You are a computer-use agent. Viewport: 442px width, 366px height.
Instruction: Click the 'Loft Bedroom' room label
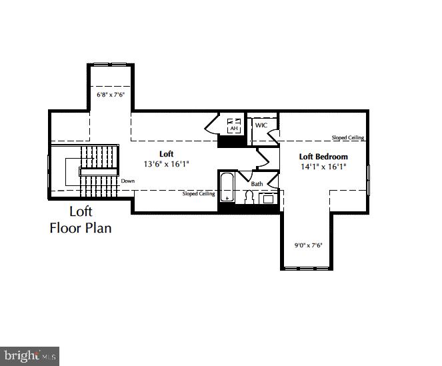pyautogui.click(x=323, y=157)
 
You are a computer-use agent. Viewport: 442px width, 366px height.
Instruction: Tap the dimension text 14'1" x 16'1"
pyautogui.click(x=323, y=167)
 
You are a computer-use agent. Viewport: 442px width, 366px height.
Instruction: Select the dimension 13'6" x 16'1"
pyautogui.click(x=166, y=164)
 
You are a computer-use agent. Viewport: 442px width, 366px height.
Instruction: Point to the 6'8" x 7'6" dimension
pyautogui.click(x=111, y=95)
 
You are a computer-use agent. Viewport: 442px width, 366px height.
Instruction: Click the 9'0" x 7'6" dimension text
pyautogui.click(x=309, y=245)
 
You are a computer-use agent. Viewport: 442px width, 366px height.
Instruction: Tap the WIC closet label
pyautogui.click(x=261, y=125)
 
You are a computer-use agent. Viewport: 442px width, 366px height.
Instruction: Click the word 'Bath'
pyautogui.click(x=257, y=184)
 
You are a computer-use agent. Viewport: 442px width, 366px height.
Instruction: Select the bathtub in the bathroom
pyautogui.click(x=227, y=187)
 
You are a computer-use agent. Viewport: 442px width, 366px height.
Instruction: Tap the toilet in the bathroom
pyautogui.click(x=249, y=197)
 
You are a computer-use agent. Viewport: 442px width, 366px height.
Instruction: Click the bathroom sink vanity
pyautogui.click(x=269, y=198)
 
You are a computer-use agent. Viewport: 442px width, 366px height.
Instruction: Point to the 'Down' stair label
pyautogui.click(x=128, y=181)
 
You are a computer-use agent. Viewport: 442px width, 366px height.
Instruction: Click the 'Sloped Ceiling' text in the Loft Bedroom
pyautogui.click(x=348, y=138)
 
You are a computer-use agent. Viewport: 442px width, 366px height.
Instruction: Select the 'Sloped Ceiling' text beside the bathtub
pyautogui.click(x=199, y=194)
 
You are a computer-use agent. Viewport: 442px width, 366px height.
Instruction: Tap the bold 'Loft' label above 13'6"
pyautogui.click(x=166, y=154)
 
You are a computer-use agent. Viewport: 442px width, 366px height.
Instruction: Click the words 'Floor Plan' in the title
pyautogui.click(x=81, y=228)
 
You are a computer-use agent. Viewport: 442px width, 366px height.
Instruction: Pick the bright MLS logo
pyautogui.click(x=30, y=355)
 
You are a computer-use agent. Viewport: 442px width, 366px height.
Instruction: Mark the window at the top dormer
pyautogui.click(x=110, y=65)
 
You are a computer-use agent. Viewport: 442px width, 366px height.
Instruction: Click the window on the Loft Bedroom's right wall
pyautogui.click(x=368, y=176)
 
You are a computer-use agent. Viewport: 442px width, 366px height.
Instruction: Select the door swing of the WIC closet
pyautogui.click(x=273, y=132)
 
